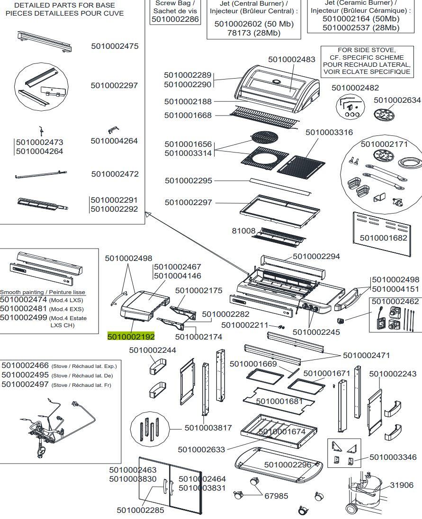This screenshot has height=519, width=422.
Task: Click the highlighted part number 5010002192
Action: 131,337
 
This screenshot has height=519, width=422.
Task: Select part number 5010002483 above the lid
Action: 291,60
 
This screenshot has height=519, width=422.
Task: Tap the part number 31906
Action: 401,485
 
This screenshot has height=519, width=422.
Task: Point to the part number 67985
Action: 276,496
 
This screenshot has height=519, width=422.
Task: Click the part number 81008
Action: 243,231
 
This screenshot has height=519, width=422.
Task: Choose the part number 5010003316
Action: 329,132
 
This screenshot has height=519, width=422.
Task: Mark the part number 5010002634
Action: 397,100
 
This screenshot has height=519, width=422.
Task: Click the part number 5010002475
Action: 115,46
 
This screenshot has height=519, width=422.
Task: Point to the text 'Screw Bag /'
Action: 175,3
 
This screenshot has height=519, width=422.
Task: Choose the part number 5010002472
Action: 115,174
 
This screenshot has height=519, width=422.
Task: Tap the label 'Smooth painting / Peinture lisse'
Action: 43,292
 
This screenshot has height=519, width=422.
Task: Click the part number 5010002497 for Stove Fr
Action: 25,385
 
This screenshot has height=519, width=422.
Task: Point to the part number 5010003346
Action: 393,457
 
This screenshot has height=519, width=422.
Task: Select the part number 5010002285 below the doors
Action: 140,510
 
